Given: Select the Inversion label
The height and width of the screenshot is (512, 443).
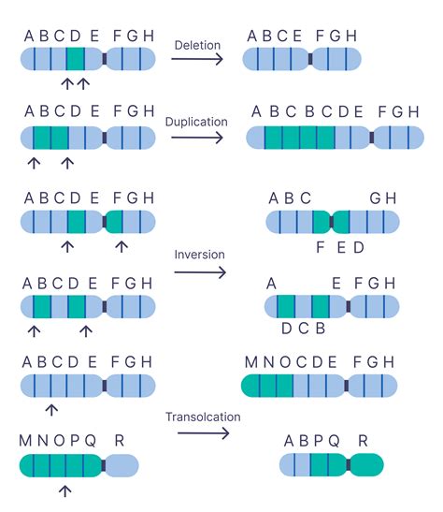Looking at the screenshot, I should click(x=198, y=255).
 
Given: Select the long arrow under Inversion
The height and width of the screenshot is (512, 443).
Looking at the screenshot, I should click(x=200, y=273).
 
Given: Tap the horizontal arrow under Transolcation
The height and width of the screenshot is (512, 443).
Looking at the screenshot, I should click(x=198, y=434).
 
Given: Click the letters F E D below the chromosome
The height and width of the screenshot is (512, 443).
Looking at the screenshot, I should click(x=339, y=248).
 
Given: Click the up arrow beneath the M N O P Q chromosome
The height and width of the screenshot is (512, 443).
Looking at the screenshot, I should click(x=64, y=491).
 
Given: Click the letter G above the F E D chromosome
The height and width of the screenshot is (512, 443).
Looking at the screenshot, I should click(x=375, y=198).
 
